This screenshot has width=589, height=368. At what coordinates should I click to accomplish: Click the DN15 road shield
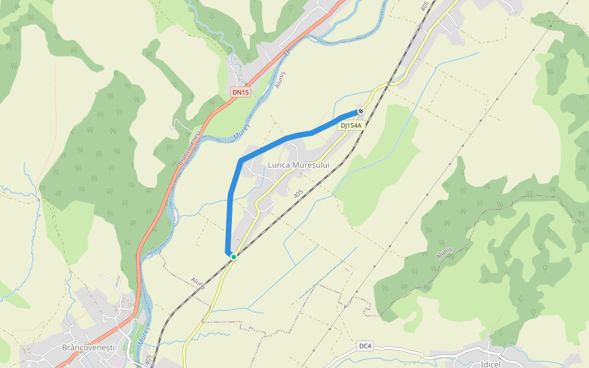pyautogui.click(x=241, y=93)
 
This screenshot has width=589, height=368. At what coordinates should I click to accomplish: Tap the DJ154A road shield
pyautogui.click(x=352, y=125)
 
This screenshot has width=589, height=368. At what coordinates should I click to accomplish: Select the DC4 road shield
pyautogui.click(x=365, y=346)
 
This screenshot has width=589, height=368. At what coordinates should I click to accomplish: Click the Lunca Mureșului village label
pyautogui.click(x=299, y=165)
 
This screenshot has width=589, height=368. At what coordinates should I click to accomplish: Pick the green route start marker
pyautogui.click(x=234, y=256)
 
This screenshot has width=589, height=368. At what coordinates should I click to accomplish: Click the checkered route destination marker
pyautogui.click(x=361, y=111)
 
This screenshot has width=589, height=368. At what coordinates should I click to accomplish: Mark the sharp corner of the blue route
pyautogui.click(x=241, y=161)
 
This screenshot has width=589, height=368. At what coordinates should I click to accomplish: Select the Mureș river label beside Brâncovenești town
pyautogui.click(x=142, y=334)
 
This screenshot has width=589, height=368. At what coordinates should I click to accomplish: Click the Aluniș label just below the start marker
pyautogui.click(x=198, y=283)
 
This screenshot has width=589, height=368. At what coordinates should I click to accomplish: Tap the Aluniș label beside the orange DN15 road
pyautogui.click(x=282, y=78)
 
